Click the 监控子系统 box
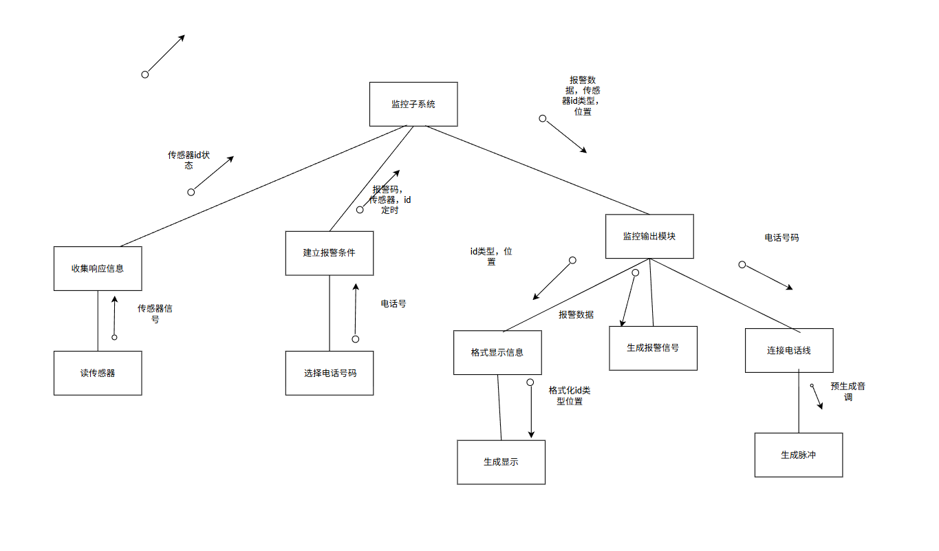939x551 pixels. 413,105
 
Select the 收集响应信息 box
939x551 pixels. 98,268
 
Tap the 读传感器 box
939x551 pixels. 98,373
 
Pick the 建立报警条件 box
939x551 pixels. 330,253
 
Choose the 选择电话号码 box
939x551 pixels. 330,373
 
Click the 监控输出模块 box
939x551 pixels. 649,236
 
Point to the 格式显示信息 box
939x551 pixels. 497,352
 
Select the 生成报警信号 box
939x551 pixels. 653,348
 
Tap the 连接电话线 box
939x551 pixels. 789,350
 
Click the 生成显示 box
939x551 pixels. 501,462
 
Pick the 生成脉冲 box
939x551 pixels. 798,455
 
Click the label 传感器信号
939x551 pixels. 155,314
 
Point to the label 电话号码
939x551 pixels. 781,237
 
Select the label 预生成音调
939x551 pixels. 848,391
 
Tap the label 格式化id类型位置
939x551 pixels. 569,396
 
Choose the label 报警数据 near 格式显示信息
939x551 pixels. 576,314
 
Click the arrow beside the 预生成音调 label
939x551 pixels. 817,398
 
